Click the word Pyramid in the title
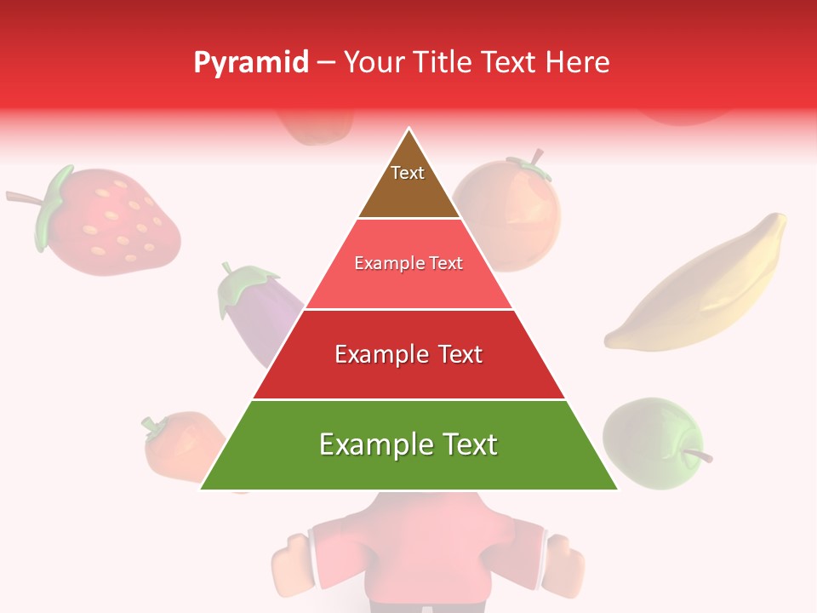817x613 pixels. (251, 63)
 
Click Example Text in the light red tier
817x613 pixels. (408, 264)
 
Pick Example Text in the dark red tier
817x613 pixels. (408, 354)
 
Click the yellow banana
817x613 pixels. (698, 289)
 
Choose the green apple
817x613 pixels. (651, 443)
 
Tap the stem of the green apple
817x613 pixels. (698, 455)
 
